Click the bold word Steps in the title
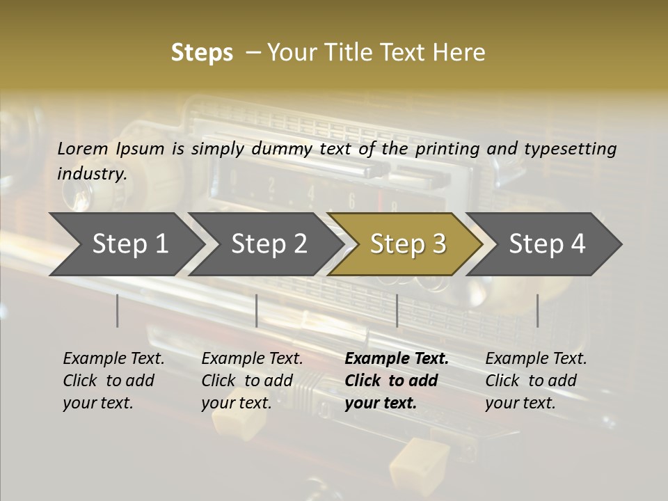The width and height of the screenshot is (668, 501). [202, 53]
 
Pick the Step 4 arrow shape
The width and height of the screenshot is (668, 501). [546, 244]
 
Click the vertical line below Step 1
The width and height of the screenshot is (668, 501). [118, 310]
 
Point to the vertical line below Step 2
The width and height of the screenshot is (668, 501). [257, 310]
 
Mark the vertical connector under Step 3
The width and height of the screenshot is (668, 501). [397, 310]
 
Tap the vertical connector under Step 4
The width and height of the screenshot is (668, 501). [537, 310]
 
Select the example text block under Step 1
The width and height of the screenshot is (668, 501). [113, 381]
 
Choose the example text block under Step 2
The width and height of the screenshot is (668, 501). [252, 381]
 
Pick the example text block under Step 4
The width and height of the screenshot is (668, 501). [536, 381]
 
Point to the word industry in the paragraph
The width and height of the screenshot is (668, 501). [92, 174]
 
